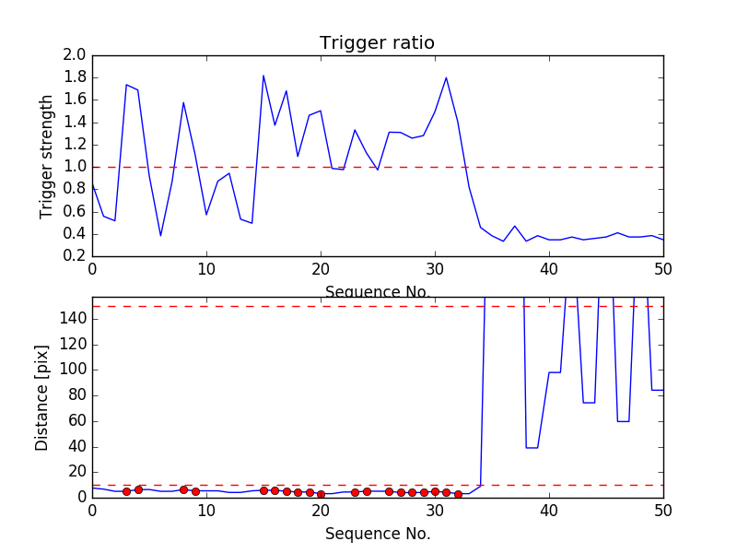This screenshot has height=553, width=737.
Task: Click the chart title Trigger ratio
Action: click(377, 43)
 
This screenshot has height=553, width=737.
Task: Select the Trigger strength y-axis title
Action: click(47, 156)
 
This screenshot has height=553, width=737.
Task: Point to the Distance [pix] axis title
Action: click(42, 397)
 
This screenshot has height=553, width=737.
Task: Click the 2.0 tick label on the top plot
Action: click(75, 55)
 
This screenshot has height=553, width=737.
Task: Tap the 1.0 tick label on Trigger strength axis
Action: click(75, 167)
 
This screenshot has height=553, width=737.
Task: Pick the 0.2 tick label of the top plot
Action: click(75, 255)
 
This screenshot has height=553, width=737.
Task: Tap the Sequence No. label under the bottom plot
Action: click(377, 534)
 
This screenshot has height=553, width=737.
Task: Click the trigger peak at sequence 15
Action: click(263, 76)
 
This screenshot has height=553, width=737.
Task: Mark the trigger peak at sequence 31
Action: click(446, 77)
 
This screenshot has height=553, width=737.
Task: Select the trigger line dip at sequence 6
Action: click(160, 235)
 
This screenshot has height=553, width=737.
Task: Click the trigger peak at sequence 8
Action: click(183, 102)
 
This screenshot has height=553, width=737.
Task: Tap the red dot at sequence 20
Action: click(321, 494)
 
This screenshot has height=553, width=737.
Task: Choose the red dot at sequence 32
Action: click(458, 494)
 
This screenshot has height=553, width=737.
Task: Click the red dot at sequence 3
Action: click(126, 491)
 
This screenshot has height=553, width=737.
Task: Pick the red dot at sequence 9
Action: click(195, 491)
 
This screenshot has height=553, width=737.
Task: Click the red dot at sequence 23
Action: click(355, 492)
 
